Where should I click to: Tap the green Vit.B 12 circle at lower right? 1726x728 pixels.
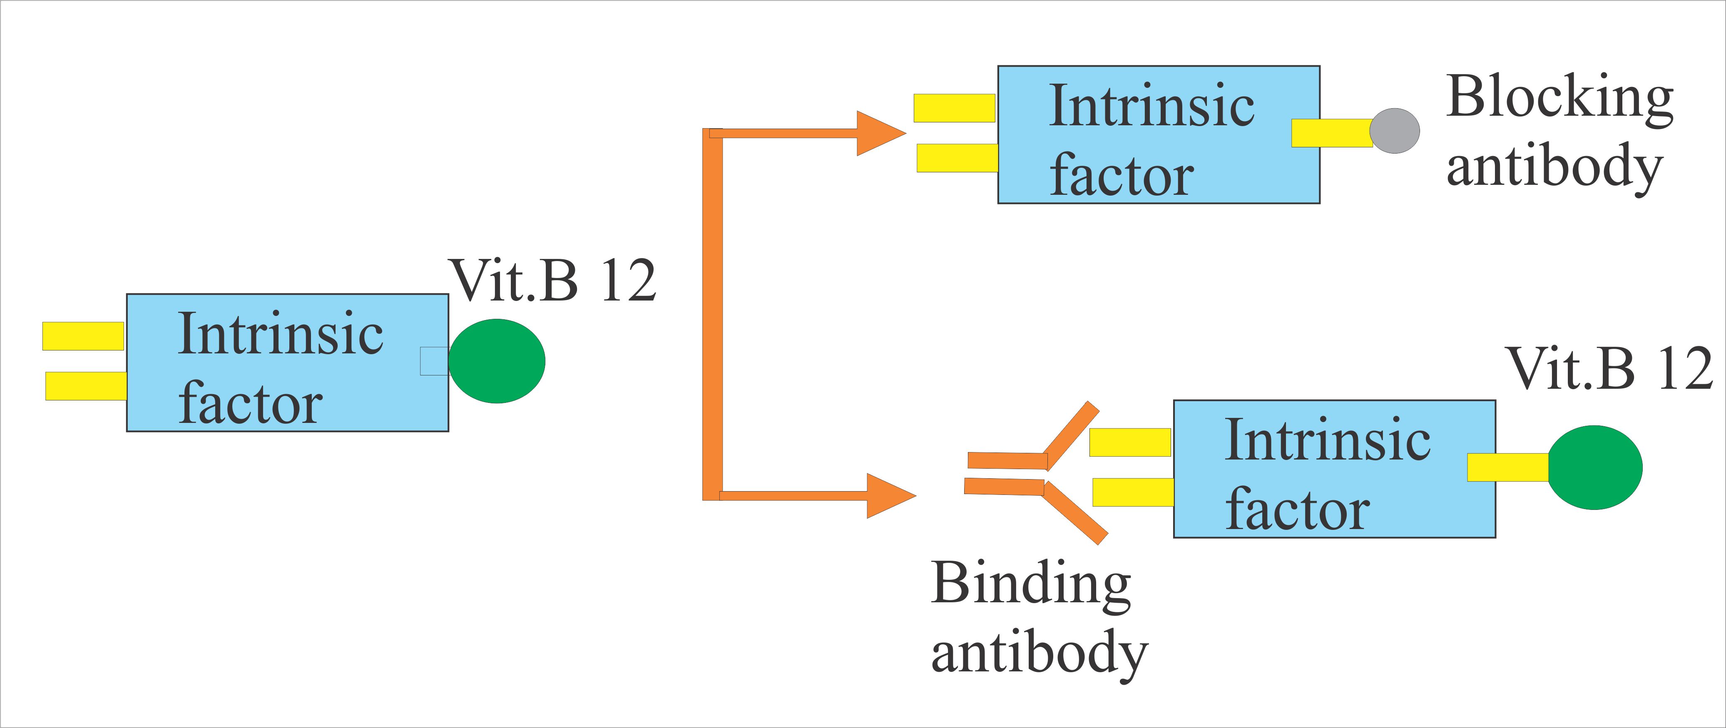(1595, 467)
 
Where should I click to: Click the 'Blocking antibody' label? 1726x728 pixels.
(1558, 134)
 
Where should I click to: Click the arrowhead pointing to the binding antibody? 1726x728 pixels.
(888, 496)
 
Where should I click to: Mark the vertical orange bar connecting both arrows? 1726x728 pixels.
(711, 315)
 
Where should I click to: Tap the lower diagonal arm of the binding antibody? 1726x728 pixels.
(1075, 513)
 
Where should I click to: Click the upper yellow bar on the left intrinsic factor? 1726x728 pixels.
(83, 336)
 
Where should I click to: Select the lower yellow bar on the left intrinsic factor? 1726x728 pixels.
(86, 386)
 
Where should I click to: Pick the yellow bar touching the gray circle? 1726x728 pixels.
(1331, 133)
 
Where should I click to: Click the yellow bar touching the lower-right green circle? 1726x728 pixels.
(1507, 467)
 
